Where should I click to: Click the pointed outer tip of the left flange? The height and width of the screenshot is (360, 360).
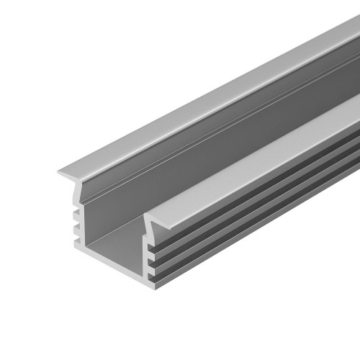pyautogui.click(x=58, y=173)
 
